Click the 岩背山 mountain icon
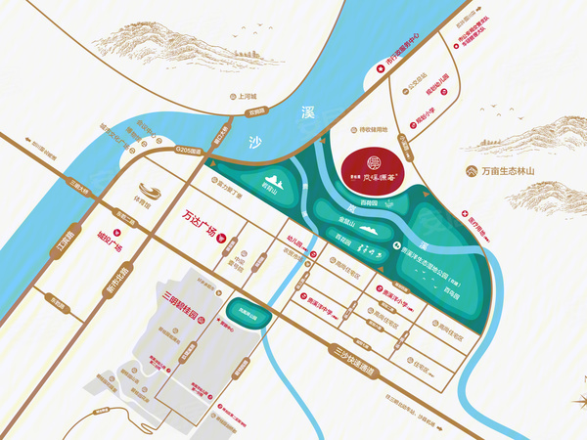[x=271, y=182]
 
